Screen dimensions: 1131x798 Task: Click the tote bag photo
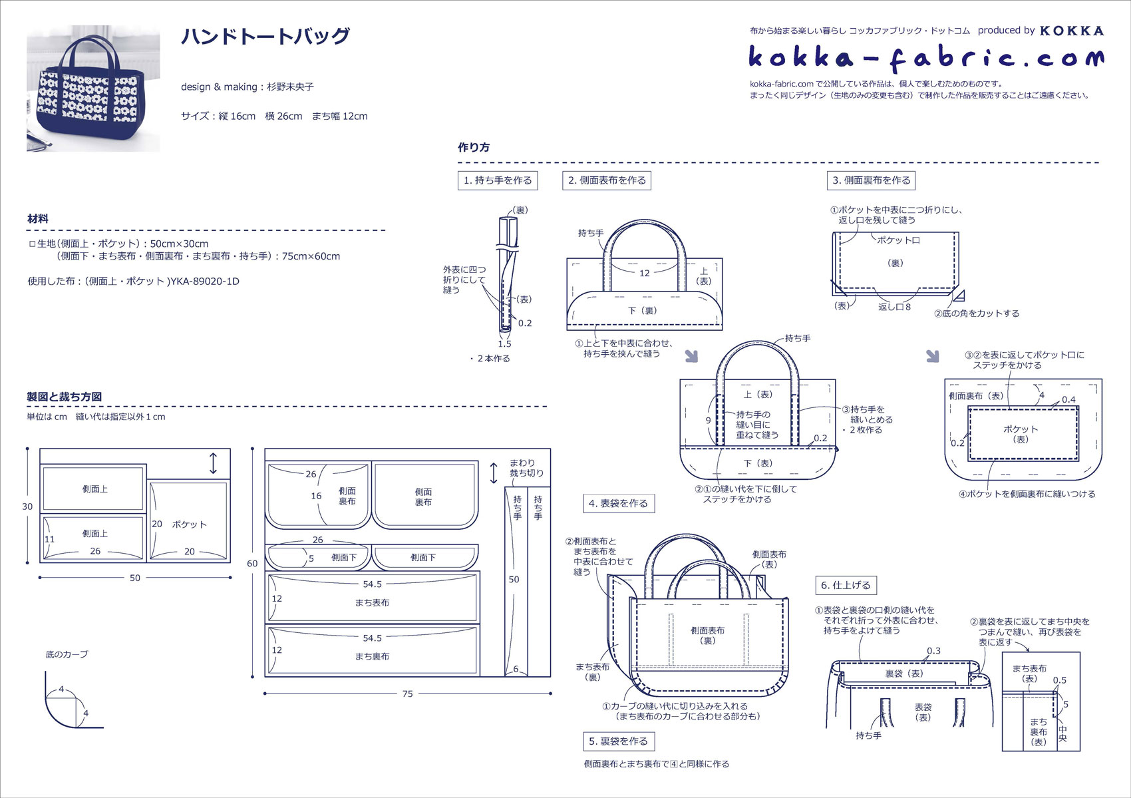(x=93, y=89)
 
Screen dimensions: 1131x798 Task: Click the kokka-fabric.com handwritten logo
(x=927, y=59)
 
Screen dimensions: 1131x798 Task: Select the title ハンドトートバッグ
(x=265, y=37)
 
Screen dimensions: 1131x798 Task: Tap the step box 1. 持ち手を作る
(x=498, y=180)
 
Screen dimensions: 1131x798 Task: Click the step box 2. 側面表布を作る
(x=607, y=180)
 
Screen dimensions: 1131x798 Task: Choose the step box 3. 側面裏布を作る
(x=871, y=180)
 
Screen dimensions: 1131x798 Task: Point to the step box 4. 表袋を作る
(x=619, y=504)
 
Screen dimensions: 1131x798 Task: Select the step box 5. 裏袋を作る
(x=619, y=741)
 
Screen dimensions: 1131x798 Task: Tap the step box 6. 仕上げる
(x=846, y=586)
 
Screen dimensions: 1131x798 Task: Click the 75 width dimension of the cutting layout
(x=407, y=694)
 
